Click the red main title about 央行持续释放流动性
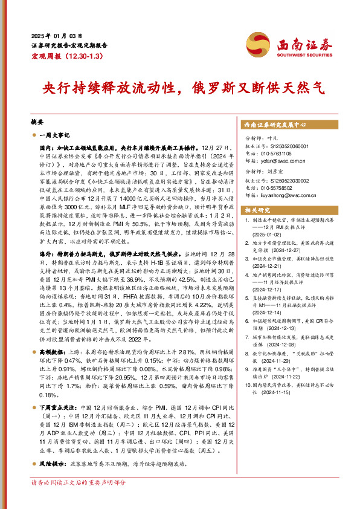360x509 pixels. pos(179,87)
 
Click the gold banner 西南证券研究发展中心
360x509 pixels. pos(275,125)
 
